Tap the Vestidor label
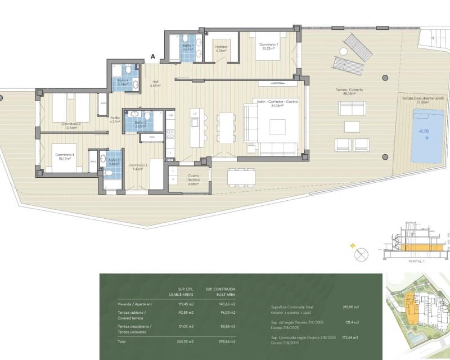pos(220,48)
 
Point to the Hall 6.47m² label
pos(155,84)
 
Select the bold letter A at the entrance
pos(152,56)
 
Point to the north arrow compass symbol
pos(361,254)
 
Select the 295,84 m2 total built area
pos(225,341)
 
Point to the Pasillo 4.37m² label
pos(115,119)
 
